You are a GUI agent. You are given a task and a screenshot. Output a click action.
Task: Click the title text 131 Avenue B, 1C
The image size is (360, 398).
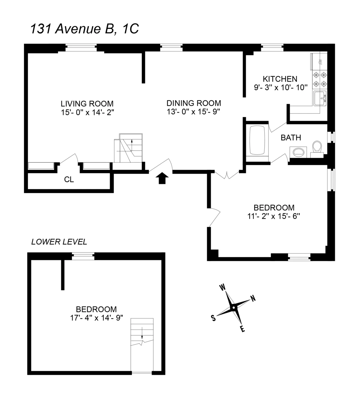tap(84, 29)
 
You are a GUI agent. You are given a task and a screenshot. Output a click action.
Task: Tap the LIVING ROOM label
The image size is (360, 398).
tap(87, 104)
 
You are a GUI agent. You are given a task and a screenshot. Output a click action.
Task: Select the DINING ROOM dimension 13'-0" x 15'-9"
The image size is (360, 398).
tap(194, 112)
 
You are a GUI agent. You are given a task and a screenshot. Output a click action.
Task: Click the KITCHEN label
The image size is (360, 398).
tap(280, 79)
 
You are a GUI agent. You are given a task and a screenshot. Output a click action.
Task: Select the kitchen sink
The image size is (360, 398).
tap(320, 98)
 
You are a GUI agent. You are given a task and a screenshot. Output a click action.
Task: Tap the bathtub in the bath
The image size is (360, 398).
tap(257, 140)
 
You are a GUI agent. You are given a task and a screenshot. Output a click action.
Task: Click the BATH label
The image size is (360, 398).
tap(291, 138)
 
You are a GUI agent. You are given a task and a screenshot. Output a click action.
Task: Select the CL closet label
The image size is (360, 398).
tap(69, 180)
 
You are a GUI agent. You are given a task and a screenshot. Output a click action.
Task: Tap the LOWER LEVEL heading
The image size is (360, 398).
tap(59, 242)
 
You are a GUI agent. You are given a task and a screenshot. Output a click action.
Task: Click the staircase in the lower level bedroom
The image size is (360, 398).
tap(142, 342)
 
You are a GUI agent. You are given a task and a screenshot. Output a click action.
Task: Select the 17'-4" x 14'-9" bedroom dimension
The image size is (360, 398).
tap(96, 318)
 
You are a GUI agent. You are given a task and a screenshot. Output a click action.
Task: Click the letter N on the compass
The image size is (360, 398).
tap(253, 299)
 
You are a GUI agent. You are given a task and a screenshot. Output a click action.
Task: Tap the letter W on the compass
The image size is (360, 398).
tap(223, 288)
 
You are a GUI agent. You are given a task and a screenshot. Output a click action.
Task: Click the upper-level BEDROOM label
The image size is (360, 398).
tap(274, 208)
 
